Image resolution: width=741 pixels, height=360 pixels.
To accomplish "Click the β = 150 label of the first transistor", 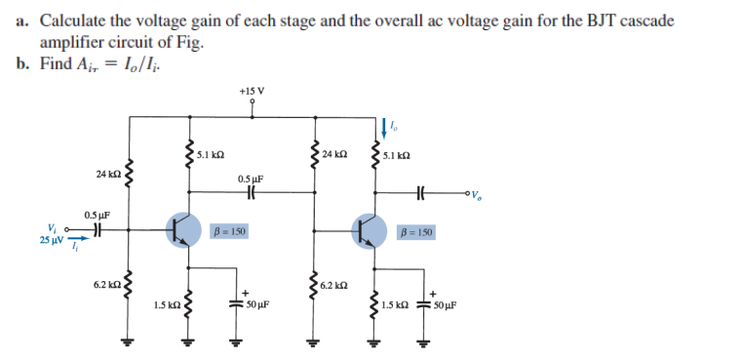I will point(228,232).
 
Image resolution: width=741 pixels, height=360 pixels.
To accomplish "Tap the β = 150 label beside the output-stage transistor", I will point(417,232).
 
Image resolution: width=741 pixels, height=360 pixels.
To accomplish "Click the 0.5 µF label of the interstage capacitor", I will point(251,179).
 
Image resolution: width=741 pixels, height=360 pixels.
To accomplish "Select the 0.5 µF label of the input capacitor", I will point(97,215).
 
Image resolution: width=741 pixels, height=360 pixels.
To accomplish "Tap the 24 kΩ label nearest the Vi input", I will point(108,173).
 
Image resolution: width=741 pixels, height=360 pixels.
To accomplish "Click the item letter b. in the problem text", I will point(22,63).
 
